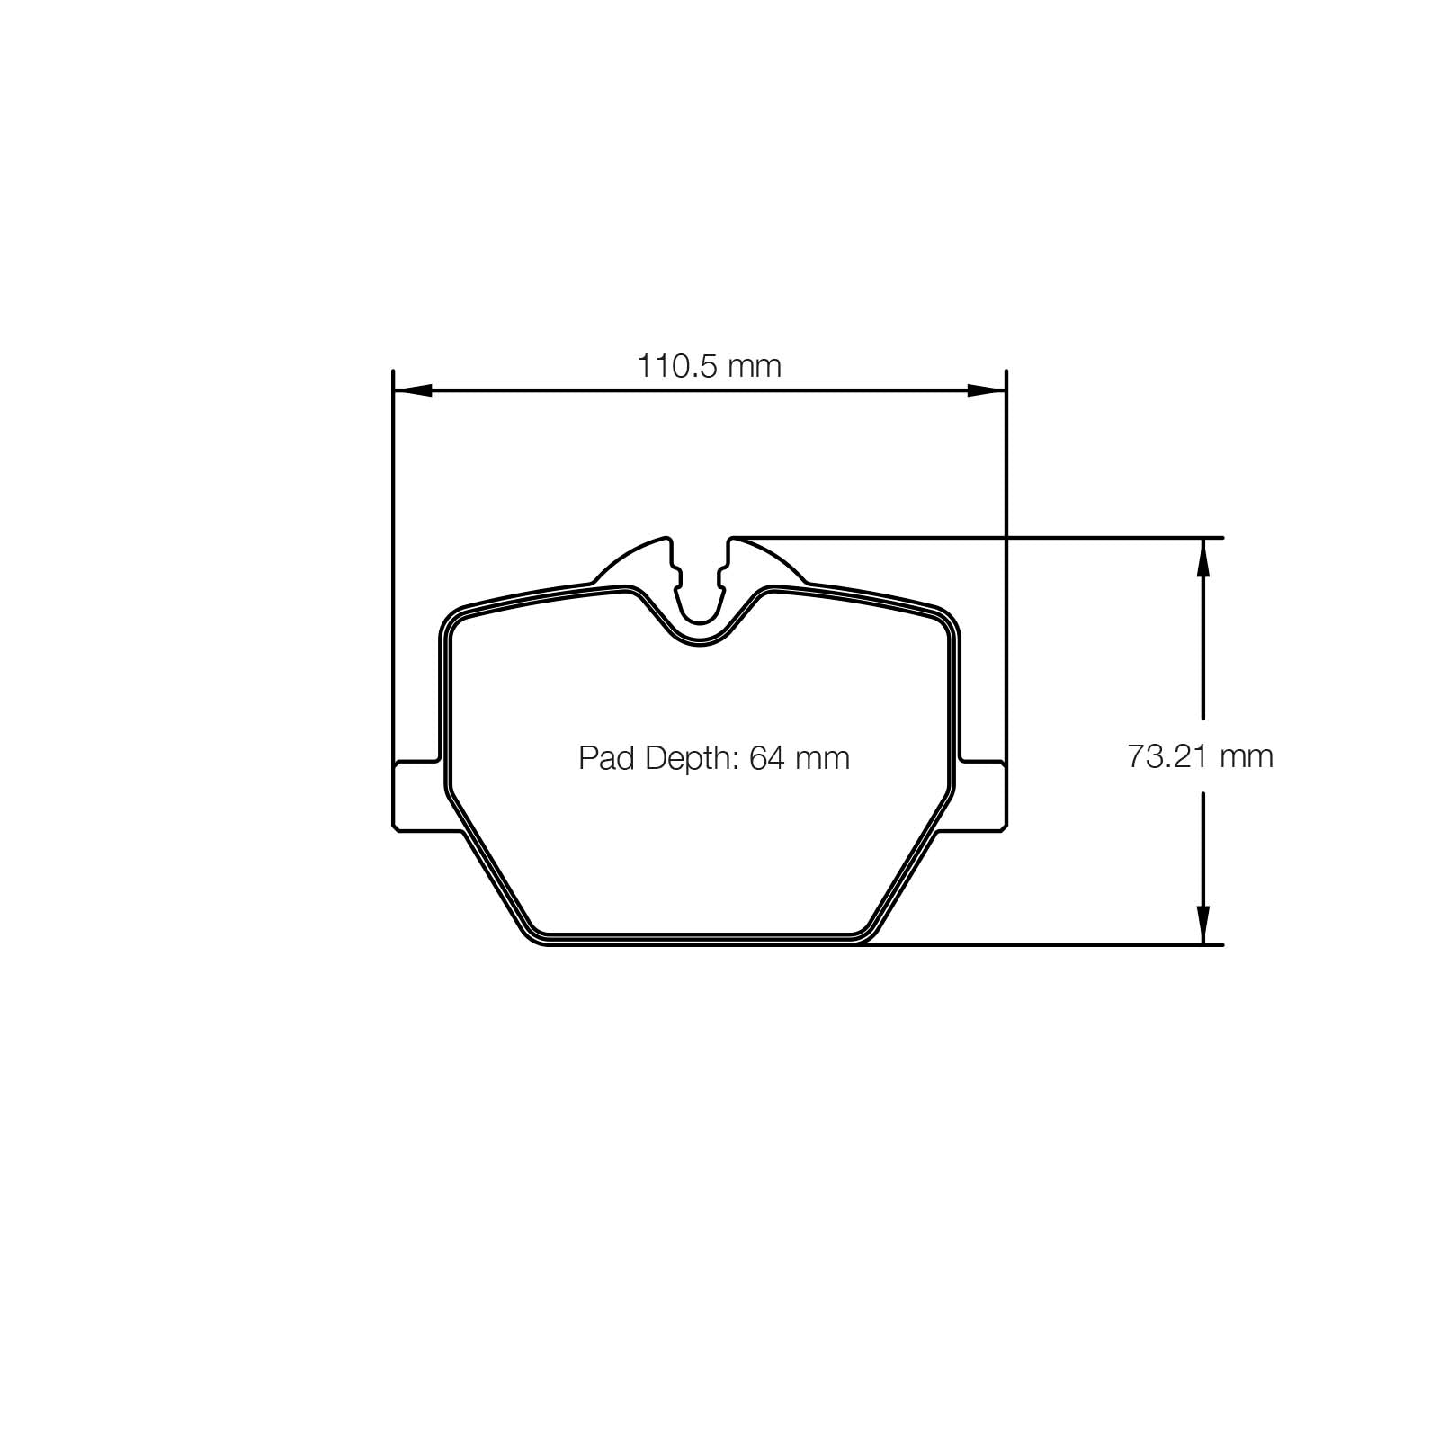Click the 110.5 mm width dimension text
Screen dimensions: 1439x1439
[x=709, y=366]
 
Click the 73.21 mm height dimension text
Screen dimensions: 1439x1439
[x=1200, y=756]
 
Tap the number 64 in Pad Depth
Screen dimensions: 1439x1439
[x=766, y=758]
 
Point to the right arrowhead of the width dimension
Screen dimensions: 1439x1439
[x=986, y=390]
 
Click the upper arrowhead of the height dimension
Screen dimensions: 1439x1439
[x=1202, y=558]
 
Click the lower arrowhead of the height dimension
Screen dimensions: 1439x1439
[x=1202, y=925]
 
